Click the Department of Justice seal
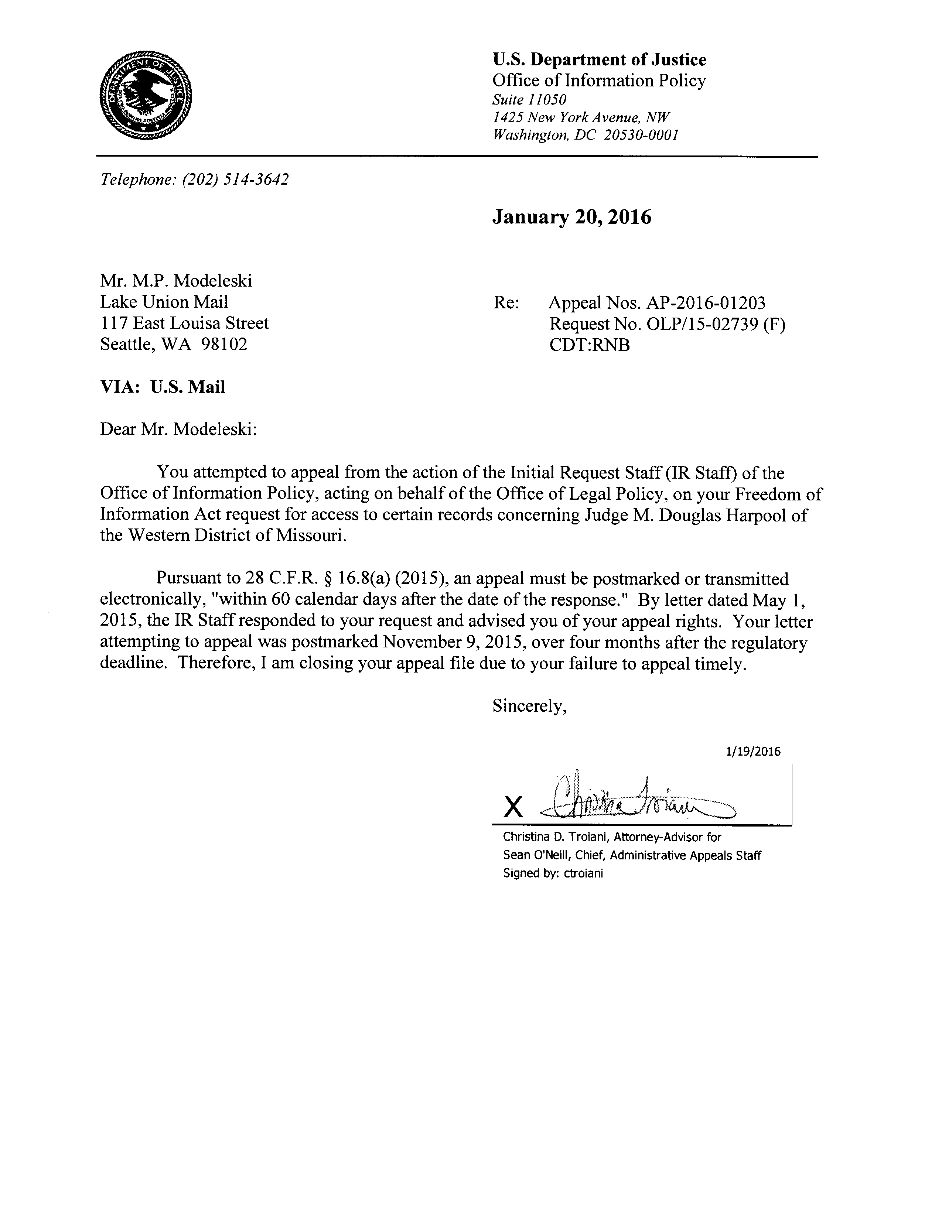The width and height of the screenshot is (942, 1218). point(146,95)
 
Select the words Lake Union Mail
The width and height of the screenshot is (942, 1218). point(164,302)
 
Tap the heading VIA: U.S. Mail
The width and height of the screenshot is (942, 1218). point(162,387)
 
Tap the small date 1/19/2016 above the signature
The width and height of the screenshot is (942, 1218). point(753,752)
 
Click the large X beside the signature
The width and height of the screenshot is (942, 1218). point(513,807)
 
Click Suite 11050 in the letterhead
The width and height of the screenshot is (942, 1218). point(529,100)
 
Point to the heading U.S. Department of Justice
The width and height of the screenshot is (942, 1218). point(599,60)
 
